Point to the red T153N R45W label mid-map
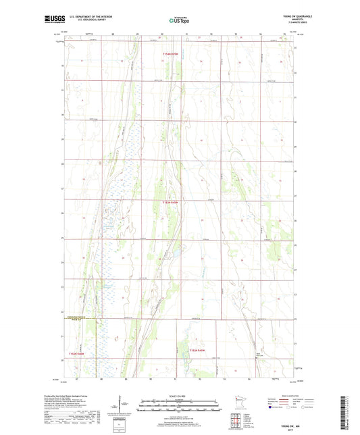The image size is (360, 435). [172, 201]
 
